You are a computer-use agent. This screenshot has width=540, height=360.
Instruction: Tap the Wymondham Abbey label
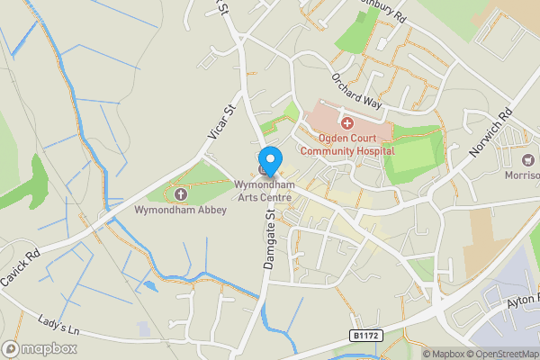(180, 210)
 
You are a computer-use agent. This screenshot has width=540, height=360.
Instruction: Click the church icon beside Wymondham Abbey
(180, 194)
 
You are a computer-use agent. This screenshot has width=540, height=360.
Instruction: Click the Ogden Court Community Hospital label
(346, 144)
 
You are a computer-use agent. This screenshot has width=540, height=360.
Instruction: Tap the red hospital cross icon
(346, 121)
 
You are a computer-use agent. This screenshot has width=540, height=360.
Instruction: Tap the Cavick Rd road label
(20, 267)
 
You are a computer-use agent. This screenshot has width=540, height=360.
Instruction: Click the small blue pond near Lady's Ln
(148, 286)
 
